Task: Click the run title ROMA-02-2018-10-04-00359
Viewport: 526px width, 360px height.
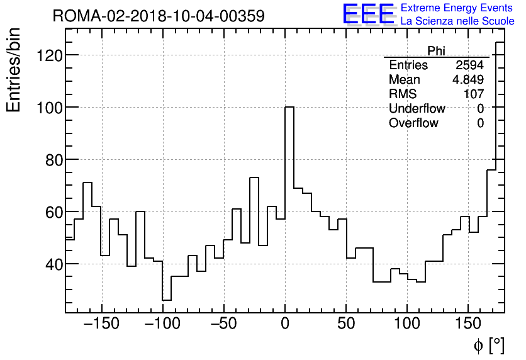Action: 159,16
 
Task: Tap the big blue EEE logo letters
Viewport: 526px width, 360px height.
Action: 368,14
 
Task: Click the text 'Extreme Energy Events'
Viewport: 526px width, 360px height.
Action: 457,8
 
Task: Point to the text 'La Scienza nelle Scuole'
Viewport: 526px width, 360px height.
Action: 457,21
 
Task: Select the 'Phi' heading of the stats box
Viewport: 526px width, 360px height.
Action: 436,51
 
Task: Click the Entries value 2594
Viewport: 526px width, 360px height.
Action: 469,65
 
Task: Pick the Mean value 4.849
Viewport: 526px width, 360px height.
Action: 467,80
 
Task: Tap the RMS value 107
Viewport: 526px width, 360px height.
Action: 473,94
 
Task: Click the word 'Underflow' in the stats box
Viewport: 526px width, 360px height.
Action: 417,109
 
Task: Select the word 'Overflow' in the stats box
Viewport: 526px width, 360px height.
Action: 413,123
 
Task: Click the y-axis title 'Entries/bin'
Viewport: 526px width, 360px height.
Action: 14,70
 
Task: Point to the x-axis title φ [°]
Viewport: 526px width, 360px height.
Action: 488,345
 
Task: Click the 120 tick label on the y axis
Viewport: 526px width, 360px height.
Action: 48,55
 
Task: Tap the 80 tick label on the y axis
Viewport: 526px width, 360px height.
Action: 53,160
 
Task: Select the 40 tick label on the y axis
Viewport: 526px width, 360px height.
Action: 53,264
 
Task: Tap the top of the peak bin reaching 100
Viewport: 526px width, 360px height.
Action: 289,107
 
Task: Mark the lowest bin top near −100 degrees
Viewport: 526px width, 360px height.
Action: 167,300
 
